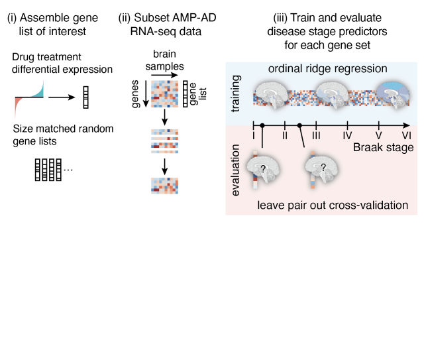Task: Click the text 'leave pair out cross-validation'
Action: [x=333, y=206]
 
